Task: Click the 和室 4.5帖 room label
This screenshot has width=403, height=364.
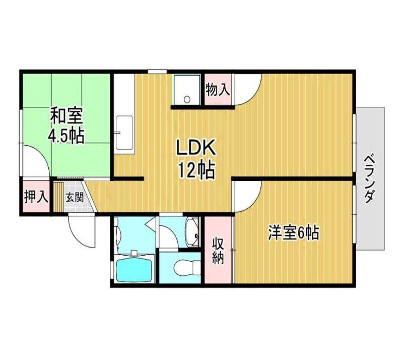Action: [x=66, y=126]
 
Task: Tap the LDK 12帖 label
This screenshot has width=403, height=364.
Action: [x=195, y=159]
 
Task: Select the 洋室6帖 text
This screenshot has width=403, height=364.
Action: [x=294, y=233]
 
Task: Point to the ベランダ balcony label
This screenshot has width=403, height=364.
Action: [x=369, y=178]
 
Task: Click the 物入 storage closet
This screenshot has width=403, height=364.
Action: [x=218, y=89]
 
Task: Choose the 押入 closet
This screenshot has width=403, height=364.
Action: [x=36, y=197]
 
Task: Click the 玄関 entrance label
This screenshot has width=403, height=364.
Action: [x=74, y=197]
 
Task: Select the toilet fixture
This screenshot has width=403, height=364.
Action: [x=187, y=267]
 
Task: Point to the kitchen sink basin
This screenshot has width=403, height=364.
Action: [x=124, y=133]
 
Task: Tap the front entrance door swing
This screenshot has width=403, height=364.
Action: [x=82, y=230]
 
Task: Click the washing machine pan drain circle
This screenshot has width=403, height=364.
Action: [x=187, y=99]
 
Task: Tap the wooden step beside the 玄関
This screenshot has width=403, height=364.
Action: [x=58, y=197]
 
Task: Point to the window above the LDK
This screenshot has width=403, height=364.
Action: [x=157, y=72]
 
